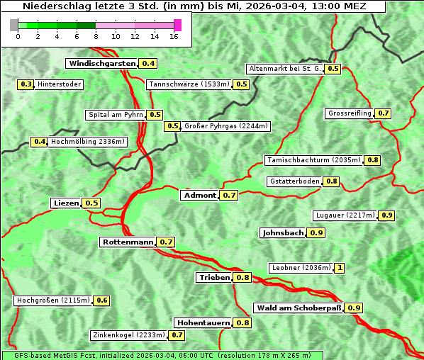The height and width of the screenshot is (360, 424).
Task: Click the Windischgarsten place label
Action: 102,64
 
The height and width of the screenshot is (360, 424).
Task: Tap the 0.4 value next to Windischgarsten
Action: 148,64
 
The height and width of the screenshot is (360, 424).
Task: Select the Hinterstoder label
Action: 60,85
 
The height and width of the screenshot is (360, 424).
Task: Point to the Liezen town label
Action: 66,203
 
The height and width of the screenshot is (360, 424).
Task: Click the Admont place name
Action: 199,196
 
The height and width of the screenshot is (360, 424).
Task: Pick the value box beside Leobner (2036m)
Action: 340,268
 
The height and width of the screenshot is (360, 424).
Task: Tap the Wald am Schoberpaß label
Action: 299,308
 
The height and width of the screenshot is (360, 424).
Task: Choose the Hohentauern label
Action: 203,323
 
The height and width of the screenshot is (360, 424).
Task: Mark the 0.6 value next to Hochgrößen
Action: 102,300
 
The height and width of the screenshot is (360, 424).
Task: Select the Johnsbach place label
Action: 283,233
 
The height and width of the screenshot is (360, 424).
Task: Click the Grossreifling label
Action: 350,114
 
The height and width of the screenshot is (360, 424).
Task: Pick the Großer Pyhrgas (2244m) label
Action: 225,127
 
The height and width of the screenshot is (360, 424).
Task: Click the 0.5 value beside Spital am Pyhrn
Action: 155,115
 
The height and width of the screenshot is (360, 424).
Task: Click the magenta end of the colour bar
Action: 177,25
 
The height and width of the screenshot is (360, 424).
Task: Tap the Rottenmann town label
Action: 128,242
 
